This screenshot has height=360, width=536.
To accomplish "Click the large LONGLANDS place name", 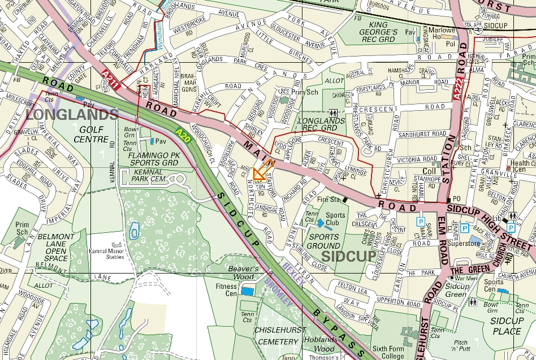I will click(x=72, y=115).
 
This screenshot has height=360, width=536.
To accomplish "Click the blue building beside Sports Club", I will click(x=320, y=223).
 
